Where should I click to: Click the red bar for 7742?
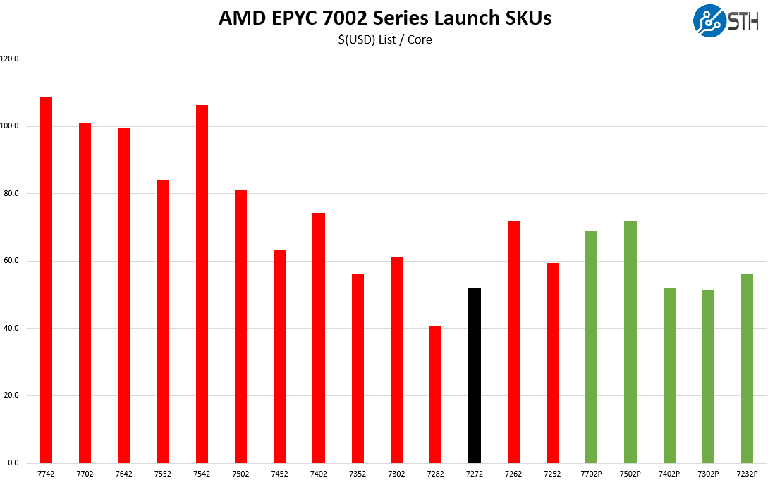tap(46, 280)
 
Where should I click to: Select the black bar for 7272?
tap(475, 375)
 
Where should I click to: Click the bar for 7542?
tap(202, 284)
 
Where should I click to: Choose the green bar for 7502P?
tap(630, 342)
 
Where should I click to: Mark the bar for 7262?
tap(513, 342)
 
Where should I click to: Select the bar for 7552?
tap(163, 321)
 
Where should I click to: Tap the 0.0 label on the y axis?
tap(13, 463)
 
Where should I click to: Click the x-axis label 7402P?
tap(669, 474)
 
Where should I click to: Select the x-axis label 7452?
tap(279, 474)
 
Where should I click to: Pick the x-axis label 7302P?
tap(708, 474)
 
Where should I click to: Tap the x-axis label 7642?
tap(123, 474)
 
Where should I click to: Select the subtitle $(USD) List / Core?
tap(385, 40)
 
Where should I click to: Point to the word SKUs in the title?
tap(527, 18)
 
